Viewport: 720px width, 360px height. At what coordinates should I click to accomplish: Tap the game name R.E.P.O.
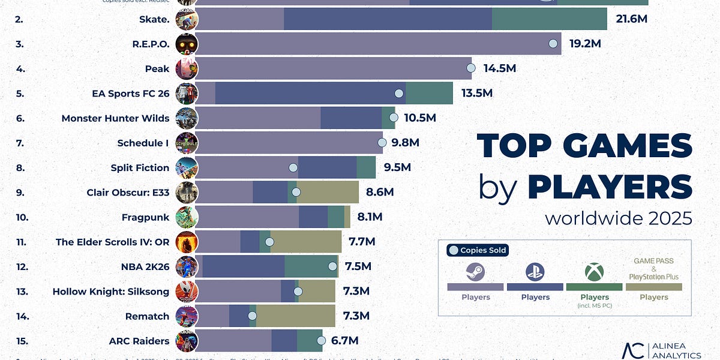click(x=150, y=44)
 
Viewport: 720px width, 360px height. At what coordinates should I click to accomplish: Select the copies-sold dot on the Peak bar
click(x=471, y=68)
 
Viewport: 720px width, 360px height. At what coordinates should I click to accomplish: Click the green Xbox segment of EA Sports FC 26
click(x=429, y=93)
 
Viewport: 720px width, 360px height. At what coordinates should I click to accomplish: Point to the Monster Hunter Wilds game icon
click(x=187, y=118)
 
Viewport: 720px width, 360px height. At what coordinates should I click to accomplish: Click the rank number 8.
click(x=20, y=167)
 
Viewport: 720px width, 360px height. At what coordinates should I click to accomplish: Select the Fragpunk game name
click(x=146, y=217)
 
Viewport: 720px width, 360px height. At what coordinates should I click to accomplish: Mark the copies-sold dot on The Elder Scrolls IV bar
click(x=269, y=242)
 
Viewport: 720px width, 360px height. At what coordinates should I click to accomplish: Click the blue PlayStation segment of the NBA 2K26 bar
click(x=243, y=266)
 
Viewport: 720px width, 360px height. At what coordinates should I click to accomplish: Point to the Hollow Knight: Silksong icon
click(x=187, y=292)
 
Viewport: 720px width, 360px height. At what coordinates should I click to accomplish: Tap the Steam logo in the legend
click(x=475, y=272)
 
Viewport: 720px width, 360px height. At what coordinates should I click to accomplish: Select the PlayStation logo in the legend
click(x=535, y=272)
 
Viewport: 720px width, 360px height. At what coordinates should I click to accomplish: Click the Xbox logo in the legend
click(x=594, y=273)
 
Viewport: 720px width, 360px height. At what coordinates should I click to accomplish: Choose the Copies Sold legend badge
click(x=478, y=250)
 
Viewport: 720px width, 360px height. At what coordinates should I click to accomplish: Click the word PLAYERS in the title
click(x=610, y=187)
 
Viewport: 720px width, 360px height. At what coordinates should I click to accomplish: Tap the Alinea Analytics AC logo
click(x=634, y=351)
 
